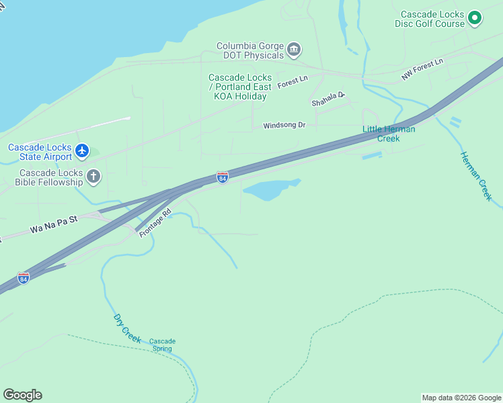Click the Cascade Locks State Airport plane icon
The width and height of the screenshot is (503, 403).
82,150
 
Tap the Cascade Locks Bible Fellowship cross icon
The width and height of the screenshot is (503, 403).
93,176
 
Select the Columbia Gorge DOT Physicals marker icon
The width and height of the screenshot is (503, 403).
293,49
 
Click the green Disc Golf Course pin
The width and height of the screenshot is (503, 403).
475,18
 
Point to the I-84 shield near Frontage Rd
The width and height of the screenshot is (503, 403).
223,177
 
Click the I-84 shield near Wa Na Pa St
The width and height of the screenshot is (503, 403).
24,277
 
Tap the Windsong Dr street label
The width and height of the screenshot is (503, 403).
284,126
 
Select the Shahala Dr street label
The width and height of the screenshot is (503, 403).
327,99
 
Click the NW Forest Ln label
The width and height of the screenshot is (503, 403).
423,70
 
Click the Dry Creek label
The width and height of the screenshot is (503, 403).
127,328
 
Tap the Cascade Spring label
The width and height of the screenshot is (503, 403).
162,345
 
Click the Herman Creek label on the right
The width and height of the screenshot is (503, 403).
476,176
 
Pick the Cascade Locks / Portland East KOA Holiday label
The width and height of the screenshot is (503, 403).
240,87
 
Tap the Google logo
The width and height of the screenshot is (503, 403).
22,395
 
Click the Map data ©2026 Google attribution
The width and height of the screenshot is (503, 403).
461,398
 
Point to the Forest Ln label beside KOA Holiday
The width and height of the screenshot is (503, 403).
292,80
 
